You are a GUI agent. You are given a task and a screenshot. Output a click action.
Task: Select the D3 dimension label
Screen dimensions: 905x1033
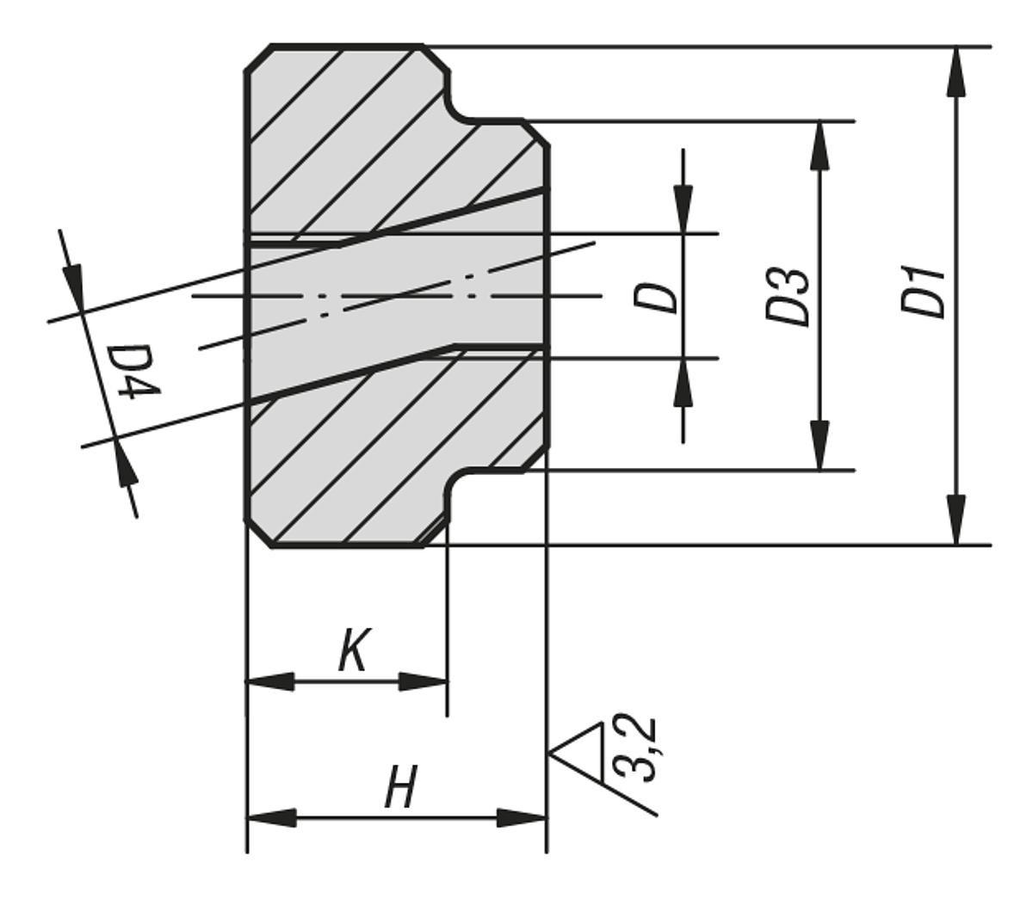[x=789, y=297]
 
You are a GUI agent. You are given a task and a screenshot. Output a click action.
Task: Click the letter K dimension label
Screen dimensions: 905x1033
[x=353, y=651]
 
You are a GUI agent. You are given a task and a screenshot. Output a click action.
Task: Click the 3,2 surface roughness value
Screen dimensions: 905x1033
[x=638, y=748]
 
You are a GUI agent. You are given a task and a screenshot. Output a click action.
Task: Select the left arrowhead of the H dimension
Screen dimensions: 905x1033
[x=272, y=817]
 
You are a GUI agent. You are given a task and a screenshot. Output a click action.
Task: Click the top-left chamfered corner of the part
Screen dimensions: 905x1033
[x=259, y=58]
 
